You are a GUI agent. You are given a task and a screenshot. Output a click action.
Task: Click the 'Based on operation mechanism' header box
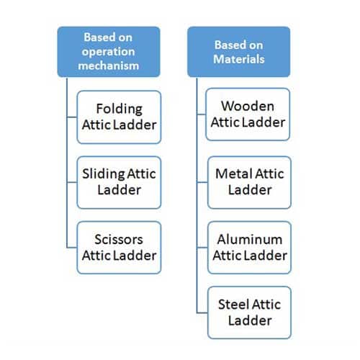click(109, 52)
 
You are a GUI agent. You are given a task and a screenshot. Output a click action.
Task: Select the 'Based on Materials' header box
click(239, 52)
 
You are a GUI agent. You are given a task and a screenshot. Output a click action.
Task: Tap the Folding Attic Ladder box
click(119, 117)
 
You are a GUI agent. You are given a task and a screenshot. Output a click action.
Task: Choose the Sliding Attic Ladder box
click(119, 182)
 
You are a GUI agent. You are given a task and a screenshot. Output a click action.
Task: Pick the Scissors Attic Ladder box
click(119, 248)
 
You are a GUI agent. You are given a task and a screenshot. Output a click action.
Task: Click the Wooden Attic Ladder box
click(248, 114)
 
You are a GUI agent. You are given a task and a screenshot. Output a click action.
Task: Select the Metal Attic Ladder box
click(250, 182)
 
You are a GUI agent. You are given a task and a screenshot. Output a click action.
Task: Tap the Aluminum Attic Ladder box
click(250, 248)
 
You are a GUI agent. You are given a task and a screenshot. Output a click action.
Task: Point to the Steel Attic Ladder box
click(250, 312)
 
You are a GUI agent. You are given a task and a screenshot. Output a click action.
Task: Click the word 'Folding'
click(120, 109)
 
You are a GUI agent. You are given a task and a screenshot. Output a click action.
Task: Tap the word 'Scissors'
click(119, 239)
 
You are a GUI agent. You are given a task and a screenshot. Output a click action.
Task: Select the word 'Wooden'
click(248, 106)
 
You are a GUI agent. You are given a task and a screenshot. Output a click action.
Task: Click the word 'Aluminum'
click(250, 240)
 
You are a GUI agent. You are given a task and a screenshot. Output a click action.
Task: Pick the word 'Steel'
click(233, 305)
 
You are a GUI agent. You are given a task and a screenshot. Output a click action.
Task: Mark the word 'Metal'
click(233, 174)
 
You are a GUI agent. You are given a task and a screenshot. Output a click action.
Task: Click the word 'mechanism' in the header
click(109, 66)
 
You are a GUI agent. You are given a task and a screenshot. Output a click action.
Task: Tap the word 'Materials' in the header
click(239, 59)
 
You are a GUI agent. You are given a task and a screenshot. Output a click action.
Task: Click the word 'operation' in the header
click(108, 52)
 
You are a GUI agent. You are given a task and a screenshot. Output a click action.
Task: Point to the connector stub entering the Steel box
click(202, 313)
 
